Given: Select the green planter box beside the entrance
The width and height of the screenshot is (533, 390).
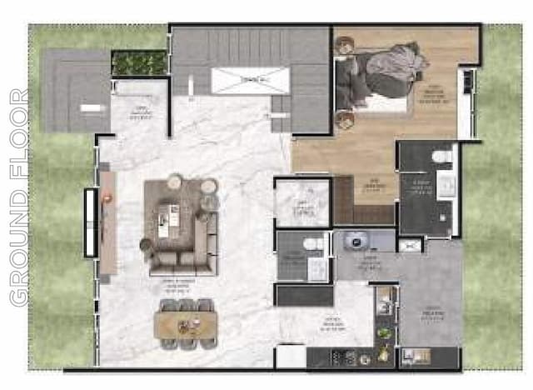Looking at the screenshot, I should pyautogui.click(x=139, y=62).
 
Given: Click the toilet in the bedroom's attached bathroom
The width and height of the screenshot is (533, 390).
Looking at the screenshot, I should pyautogui.click(x=442, y=157).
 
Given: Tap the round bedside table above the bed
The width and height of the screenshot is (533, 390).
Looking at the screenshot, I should pyautogui.click(x=342, y=47).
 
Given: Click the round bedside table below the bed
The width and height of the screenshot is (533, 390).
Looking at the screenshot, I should pyautogui.click(x=342, y=119).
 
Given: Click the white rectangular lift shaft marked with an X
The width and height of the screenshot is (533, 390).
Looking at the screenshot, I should pyautogui.click(x=250, y=81).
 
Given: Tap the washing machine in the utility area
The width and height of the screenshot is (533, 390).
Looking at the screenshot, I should pyautogui.click(x=358, y=240).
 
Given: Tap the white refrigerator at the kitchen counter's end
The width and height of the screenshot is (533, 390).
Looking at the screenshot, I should pyautogui.click(x=291, y=356).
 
